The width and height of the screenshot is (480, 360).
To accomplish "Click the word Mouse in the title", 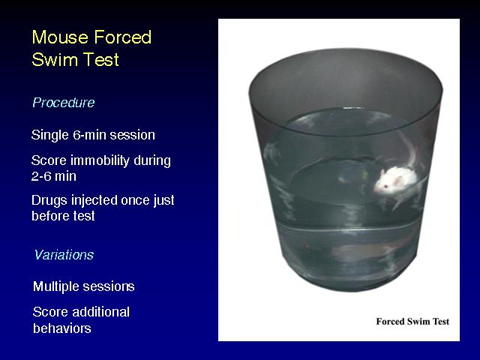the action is (60, 37).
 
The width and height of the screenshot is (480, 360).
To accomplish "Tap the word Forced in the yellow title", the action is (123, 37).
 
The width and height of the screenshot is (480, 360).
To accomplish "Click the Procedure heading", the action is (64, 103).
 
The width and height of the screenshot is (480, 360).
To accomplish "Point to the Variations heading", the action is (64, 255).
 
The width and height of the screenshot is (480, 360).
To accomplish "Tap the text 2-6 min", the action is (54, 176).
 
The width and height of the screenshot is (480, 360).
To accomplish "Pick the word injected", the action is (94, 201).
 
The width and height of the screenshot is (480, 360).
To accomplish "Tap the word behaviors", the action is (61, 328).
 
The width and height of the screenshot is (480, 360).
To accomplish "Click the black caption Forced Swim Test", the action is (412, 322).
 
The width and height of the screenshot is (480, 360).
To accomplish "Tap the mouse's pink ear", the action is (398, 181).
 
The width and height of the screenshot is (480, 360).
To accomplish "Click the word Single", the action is (50, 135).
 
